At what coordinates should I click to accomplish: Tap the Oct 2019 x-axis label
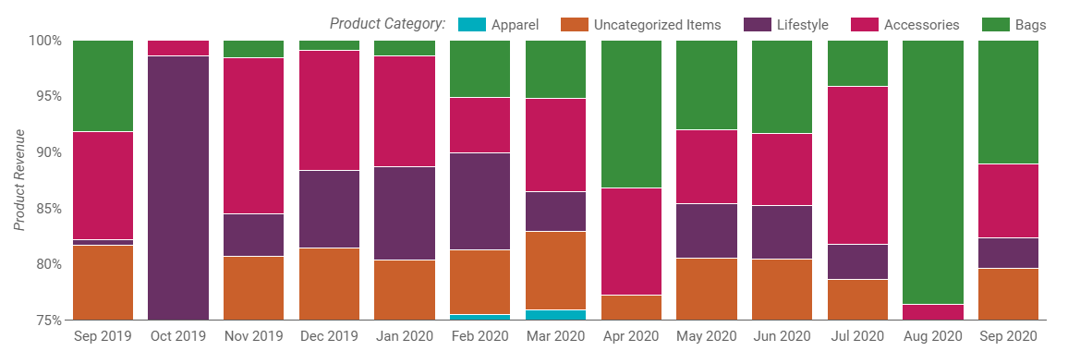pos(177,336)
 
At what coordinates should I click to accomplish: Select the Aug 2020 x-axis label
pos(932,336)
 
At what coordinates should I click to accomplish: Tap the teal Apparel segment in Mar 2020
pos(555,315)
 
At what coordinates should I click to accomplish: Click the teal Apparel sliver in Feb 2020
pos(479,317)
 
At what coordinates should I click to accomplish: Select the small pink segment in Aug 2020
pos(932,312)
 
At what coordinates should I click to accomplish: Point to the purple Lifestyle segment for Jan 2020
pos(405,213)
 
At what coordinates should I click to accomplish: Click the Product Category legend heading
pos(387,24)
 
